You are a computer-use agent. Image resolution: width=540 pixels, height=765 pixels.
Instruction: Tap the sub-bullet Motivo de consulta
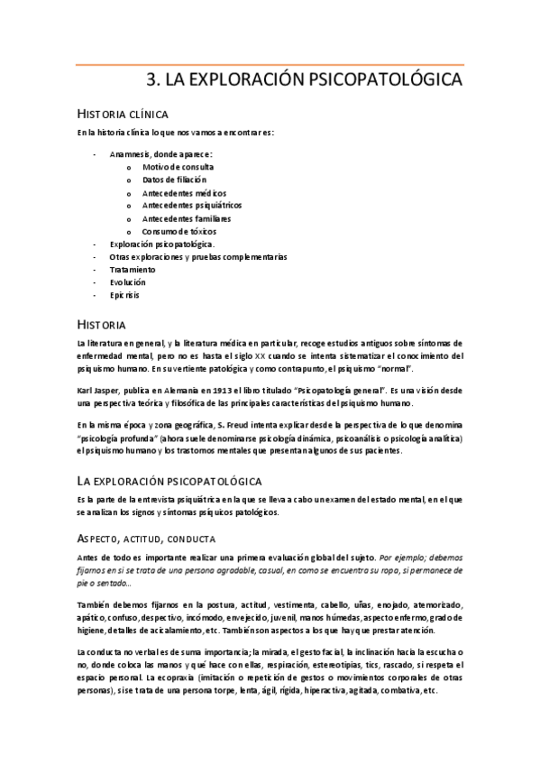tap(178, 167)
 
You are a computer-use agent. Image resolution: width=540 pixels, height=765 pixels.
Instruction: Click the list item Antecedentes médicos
tap(184, 193)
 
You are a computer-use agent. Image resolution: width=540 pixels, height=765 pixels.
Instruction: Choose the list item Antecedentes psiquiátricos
tap(191, 206)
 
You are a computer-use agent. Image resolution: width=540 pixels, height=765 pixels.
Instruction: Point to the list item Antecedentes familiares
tap(186, 218)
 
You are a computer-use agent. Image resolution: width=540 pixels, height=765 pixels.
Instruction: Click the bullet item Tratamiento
tap(133, 270)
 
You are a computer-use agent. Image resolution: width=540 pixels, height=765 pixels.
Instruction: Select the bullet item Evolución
tap(127, 282)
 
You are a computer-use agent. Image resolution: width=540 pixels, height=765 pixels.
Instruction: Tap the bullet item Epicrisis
tap(124, 295)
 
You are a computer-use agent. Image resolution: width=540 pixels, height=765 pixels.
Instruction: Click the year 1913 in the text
tap(214, 391)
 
